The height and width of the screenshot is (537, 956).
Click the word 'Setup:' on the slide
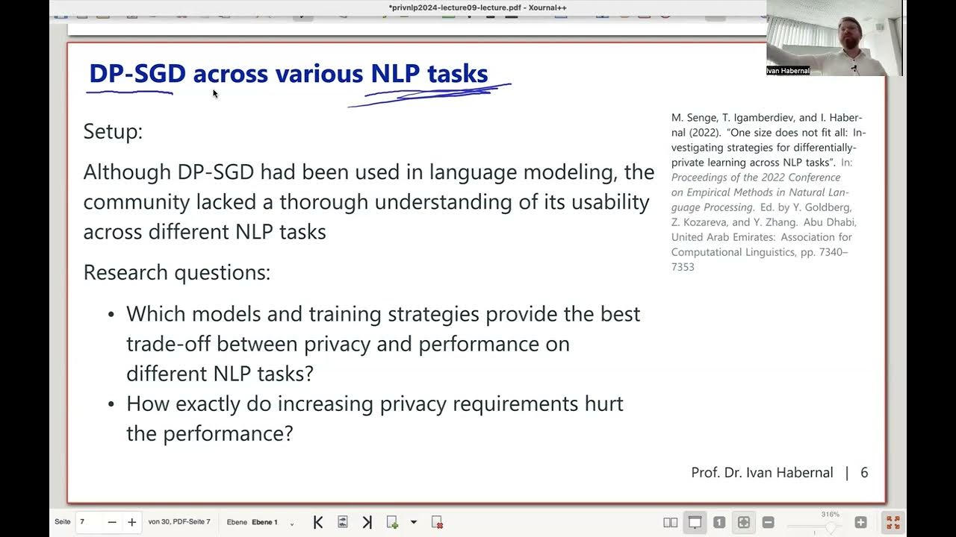coord(113,132)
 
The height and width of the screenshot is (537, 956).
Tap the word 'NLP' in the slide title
coord(395,74)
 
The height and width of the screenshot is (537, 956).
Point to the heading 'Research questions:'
coord(176,272)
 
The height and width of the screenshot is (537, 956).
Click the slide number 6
coord(864,473)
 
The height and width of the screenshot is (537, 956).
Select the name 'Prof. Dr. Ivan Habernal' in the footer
coord(762,473)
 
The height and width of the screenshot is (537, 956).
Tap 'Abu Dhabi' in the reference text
coord(830,222)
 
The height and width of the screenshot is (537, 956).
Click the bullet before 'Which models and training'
coord(111,315)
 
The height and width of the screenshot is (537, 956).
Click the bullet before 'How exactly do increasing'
coord(111,404)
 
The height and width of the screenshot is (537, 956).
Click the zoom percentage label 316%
coord(830,514)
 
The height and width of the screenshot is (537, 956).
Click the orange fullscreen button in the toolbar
coord(893,522)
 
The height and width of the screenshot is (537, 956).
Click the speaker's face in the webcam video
coord(848,33)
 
